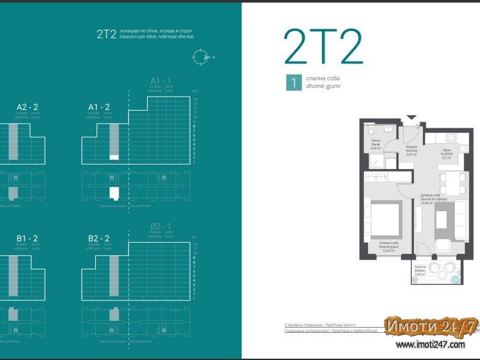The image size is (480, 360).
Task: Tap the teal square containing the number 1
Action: point(293,82)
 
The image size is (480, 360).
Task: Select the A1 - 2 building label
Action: point(98,107)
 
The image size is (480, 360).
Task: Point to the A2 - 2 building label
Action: point(27,107)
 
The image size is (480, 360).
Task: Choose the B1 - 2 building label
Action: point(27,238)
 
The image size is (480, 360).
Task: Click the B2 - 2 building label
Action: point(98,238)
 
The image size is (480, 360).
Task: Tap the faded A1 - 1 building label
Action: point(160,81)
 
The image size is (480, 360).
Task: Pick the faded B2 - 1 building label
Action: point(160,227)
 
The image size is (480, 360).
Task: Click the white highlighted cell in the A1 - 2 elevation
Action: point(114,157)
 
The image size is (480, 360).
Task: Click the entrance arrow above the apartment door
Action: point(409,118)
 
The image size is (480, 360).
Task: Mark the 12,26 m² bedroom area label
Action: point(389,247)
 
